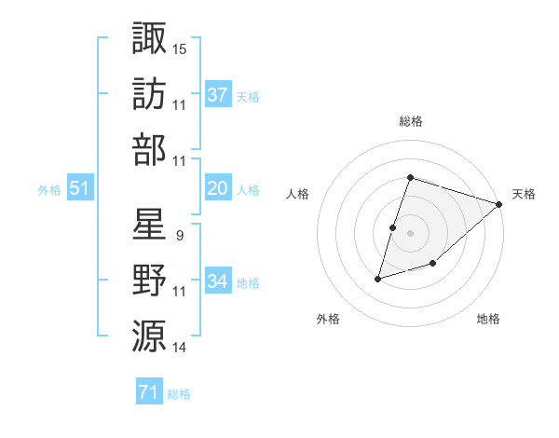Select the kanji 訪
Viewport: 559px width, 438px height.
pyautogui.click(x=150, y=94)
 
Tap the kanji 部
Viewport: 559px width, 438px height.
pyautogui.click(x=150, y=150)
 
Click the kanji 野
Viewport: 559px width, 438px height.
pyautogui.click(x=150, y=281)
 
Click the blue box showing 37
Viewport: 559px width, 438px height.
pyautogui.click(x=218, y=94)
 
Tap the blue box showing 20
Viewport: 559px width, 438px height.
pyautogui.click(x=218, y=188)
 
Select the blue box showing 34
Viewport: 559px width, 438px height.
pyautogui.click(x=218, y=281)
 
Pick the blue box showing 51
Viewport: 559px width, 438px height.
pyautogui.click(x=79, y=188)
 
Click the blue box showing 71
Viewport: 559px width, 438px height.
pyautogui.click(x=148, y=392)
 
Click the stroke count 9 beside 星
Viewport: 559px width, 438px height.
pyautogui.click(x=179, y=235)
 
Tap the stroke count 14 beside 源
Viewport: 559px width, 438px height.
pyautogui.click(x=180, y=348)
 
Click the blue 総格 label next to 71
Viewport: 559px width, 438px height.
pyautogui.click(x=179, y=394)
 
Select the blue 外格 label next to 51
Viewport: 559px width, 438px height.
pyautogui.click(x=49, y=190)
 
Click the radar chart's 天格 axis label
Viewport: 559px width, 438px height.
pyautogui.click(x=524, y=194)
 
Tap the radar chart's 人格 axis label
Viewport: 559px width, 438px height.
pyautogui.click(x=298, y=194)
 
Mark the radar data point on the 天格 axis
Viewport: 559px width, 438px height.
pyautogui.click(x=499, y=204)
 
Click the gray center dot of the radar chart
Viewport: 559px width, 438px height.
pyautogui.click(x=410, y=233)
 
